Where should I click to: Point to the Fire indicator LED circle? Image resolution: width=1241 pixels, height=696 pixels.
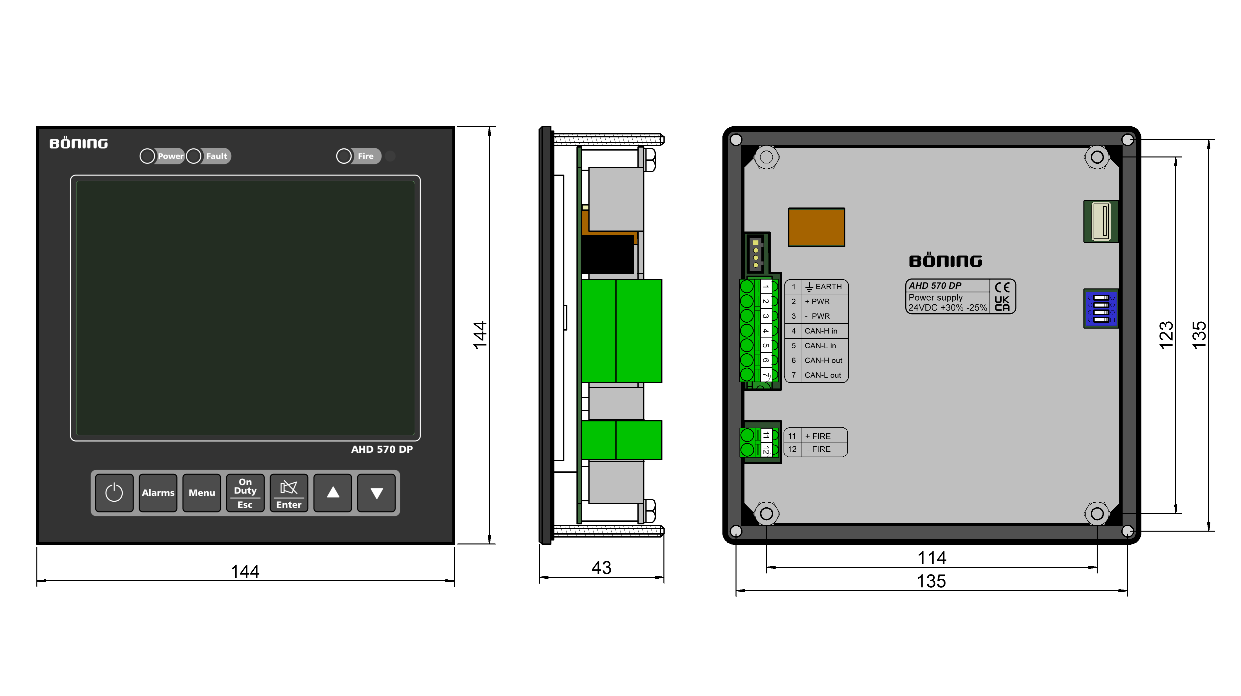(344, 156)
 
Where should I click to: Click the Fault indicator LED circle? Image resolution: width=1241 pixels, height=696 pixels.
(194, 156)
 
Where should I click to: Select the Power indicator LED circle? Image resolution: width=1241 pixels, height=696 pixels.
(147, 156)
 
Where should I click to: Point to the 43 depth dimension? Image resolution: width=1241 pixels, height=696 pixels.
(601, 568)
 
